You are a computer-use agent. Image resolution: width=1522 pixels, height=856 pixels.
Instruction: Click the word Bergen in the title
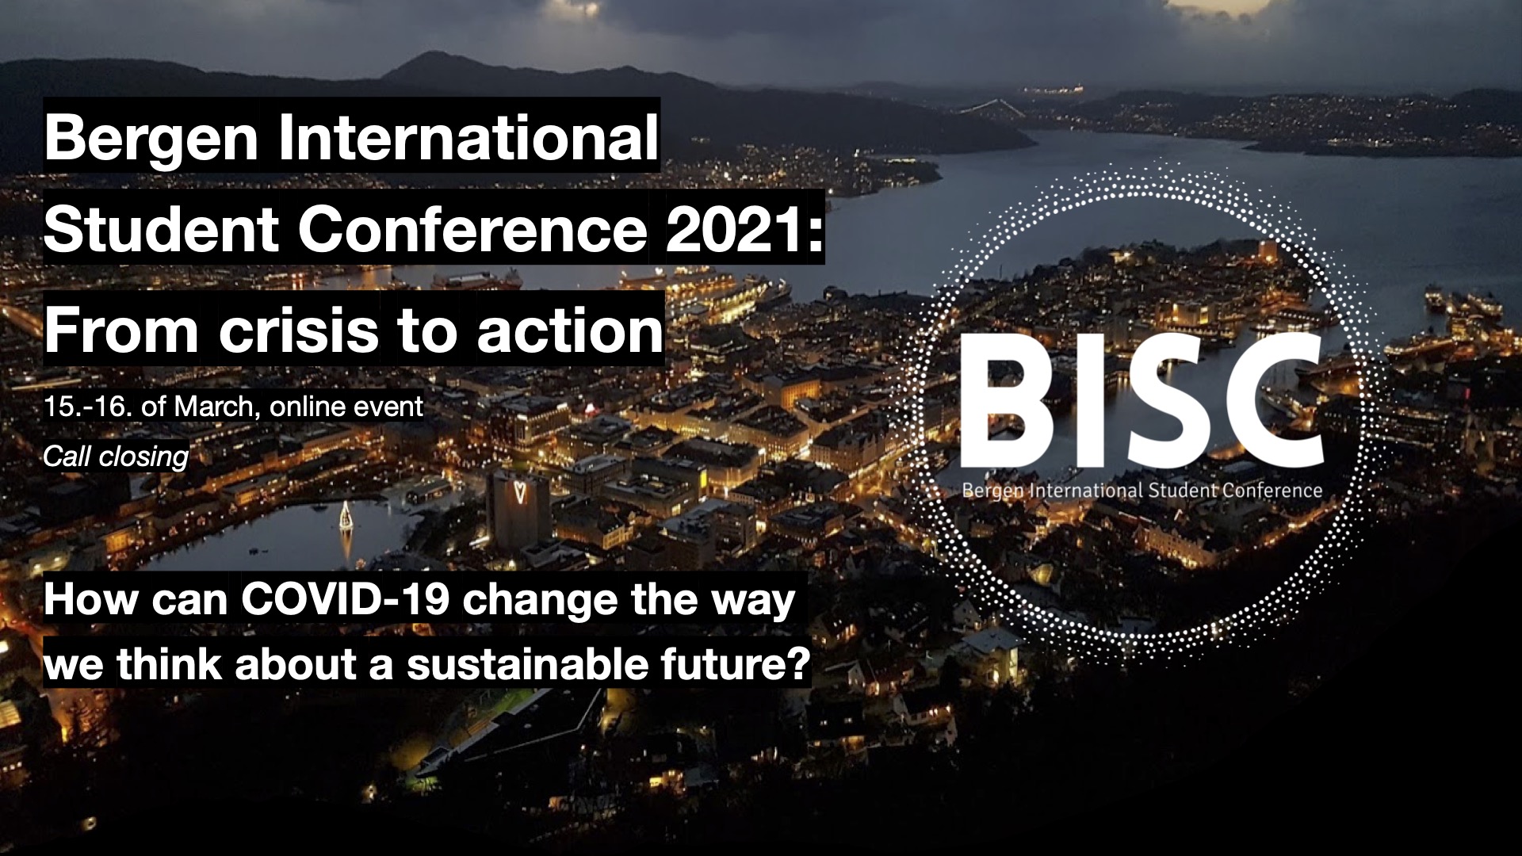click(x=151, y=138)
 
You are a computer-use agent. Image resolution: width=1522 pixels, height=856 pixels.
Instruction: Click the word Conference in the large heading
click(x=472, y=230)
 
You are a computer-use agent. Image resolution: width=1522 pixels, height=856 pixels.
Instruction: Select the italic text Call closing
click(x=116, y=457)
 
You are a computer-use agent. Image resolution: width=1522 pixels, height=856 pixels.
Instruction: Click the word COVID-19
click(x=346, y=599)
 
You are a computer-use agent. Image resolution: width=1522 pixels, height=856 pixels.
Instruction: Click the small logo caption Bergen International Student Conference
click(x=1141, y=491)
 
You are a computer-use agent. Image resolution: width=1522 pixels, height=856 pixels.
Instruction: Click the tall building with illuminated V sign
click(x=519, y=507)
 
